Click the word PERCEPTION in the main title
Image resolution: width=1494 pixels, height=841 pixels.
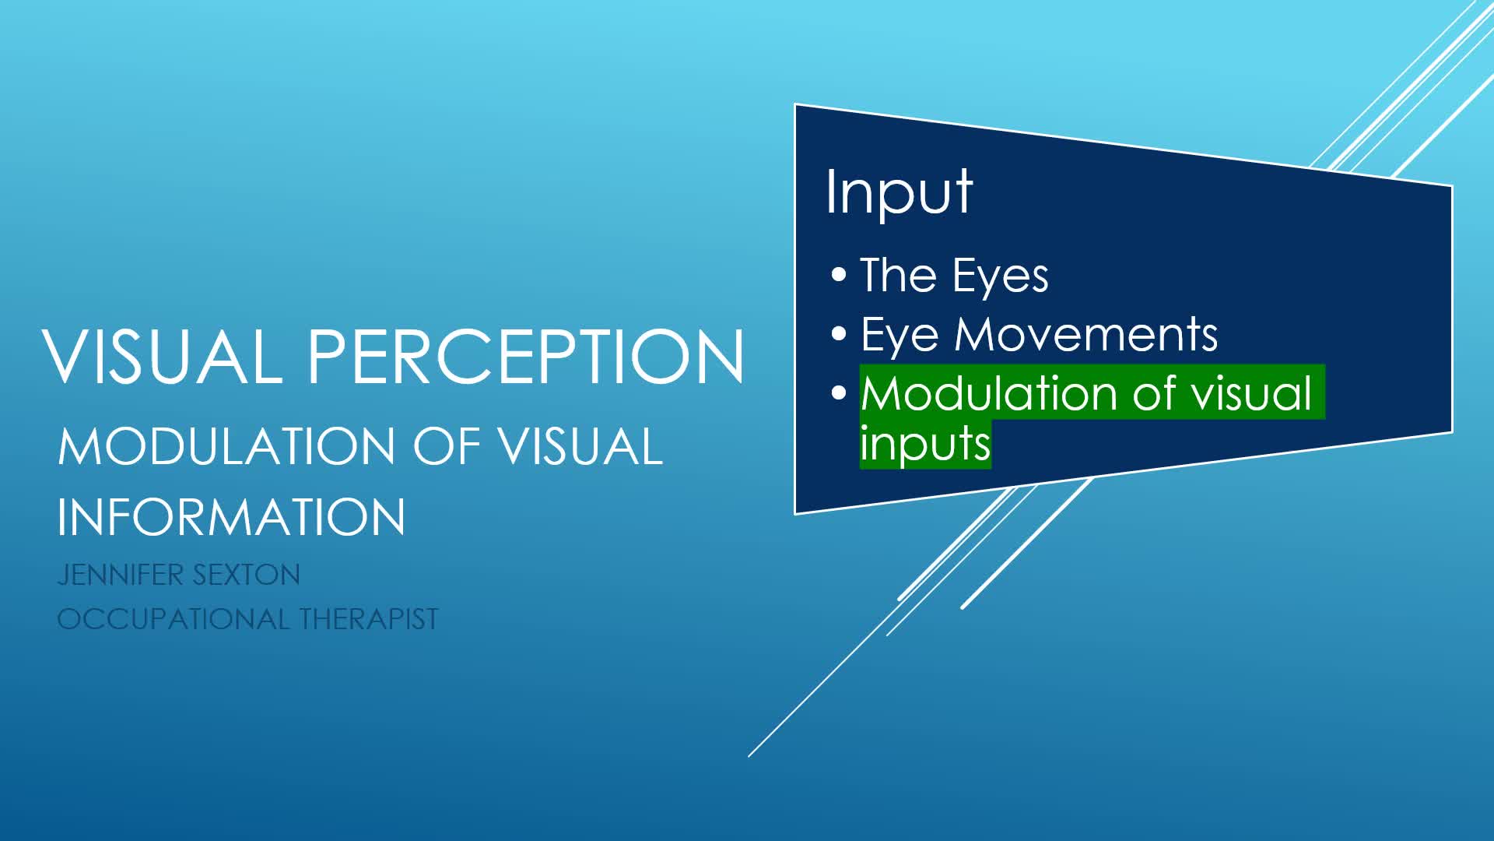coord(526,356)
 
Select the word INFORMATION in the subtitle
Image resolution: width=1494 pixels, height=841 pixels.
coord(231,517)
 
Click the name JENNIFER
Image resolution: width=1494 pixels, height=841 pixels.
coord(120,575)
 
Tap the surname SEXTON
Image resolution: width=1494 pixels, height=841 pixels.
coord(245,575)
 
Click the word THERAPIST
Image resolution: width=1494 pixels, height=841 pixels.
coord(369,619)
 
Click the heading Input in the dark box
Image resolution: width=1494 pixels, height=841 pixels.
coord(899,192)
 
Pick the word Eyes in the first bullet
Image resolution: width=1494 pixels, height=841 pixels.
coord(1000,277)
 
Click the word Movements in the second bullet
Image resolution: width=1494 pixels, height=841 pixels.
coord(1085,335)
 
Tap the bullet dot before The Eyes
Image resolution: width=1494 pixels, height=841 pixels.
coord(838,275)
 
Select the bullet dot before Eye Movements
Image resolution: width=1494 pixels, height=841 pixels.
coord(838,334)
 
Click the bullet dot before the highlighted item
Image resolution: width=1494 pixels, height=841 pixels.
coord(838,392)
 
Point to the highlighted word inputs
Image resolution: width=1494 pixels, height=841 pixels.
coord(925,445)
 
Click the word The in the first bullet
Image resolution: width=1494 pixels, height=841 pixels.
coord(898,276)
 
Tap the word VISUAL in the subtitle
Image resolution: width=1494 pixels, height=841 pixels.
coord(580,447)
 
